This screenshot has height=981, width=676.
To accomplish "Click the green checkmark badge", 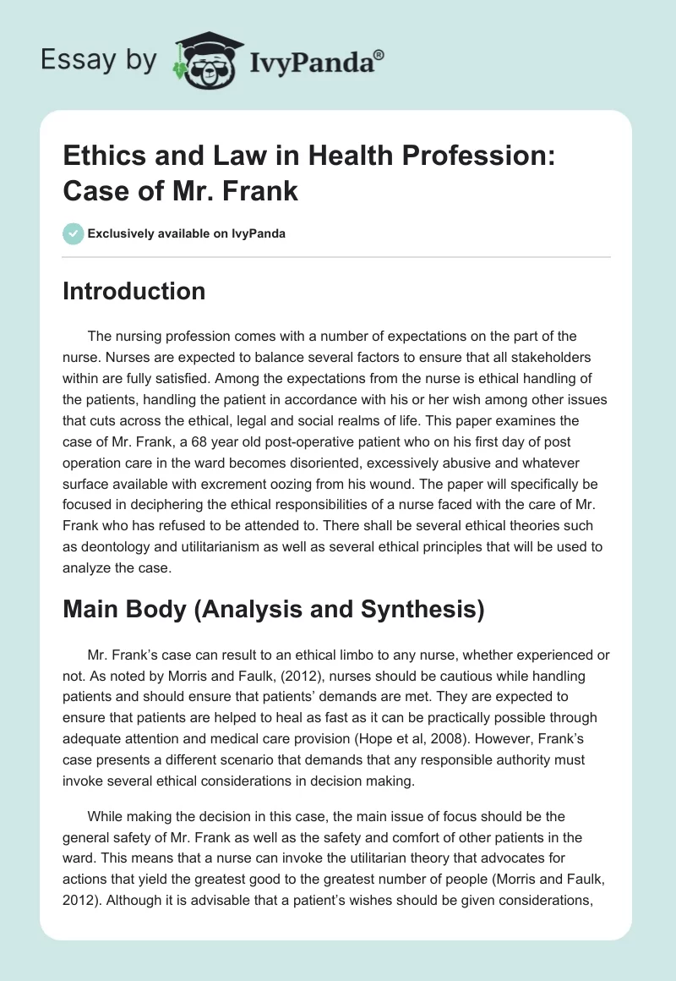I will [74, 233].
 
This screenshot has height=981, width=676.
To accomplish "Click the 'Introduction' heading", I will [134, 291].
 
